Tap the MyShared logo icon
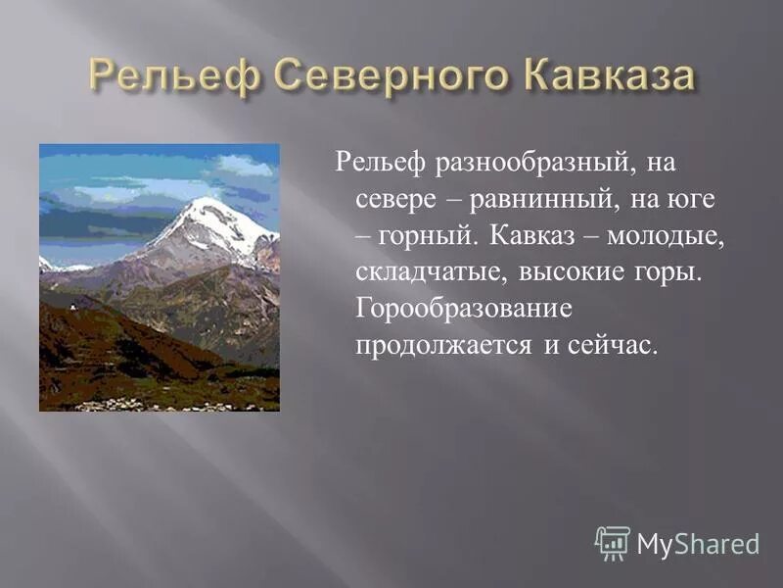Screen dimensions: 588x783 [613, 543]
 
